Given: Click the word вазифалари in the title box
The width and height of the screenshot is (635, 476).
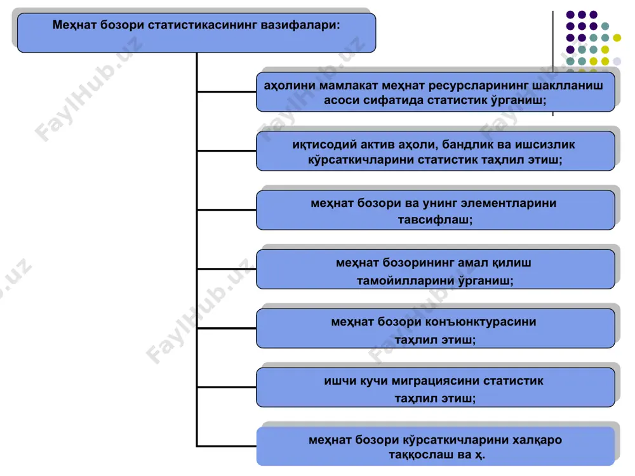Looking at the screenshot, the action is click(300, 25).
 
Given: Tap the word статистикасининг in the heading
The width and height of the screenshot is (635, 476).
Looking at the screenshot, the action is click(203, 25).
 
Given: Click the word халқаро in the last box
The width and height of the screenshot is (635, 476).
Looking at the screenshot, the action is click(537, 440).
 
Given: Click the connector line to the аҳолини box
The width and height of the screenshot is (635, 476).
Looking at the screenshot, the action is click(227, 92).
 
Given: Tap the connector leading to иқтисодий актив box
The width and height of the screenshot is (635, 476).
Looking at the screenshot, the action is click(227, 151).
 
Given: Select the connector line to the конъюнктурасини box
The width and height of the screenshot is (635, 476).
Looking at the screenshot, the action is click(227, 328).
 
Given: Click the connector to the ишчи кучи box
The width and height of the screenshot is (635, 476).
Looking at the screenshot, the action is click(227, 387).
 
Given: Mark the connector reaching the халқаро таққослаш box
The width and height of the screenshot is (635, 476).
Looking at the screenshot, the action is click(227, 446).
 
